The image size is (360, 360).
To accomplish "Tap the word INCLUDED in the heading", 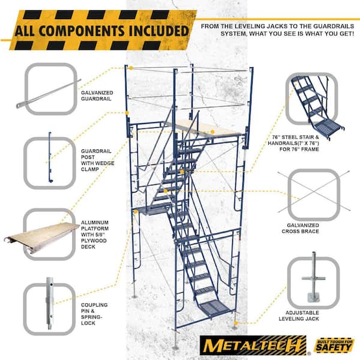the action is point(158,31).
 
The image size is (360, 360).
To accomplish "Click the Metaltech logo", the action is point(253,345).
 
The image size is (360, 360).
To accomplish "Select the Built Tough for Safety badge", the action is point(334,346).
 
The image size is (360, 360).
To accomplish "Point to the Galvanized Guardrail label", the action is point(97,96).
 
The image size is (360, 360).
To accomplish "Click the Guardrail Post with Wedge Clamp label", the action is point(97,160).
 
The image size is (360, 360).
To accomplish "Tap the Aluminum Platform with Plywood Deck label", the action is point(94,235).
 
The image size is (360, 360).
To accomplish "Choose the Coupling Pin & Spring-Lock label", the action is point(94,314).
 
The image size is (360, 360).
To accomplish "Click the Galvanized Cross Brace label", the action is point(301,228).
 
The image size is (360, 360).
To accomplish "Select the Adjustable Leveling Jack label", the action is point(299,316).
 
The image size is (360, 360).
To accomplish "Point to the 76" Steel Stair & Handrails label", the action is point(293,143).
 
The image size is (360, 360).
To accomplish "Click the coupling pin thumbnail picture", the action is point(50,303).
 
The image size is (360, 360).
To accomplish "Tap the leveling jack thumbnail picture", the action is point(313,277).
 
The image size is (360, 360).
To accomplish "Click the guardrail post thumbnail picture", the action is point(50,157).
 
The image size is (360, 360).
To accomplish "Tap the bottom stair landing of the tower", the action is point(215,308).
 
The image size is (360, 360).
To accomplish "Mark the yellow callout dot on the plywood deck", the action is point(212,132).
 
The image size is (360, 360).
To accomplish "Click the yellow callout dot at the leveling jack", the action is point(236,323).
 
